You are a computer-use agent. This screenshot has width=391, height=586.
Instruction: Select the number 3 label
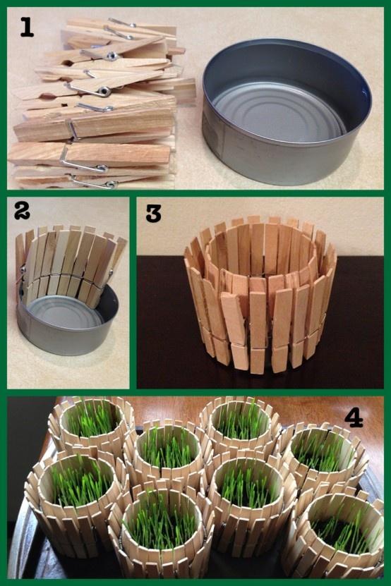pyautogui.click(x=153, y=214)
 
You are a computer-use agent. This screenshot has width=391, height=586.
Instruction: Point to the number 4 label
pyautogui.click(x=354, y=418)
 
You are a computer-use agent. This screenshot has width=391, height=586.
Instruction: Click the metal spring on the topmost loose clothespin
pyautogui.click(x=122, y=23)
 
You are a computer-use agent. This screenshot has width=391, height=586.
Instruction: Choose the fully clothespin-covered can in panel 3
pyautogui.click(x=260, y=295)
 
